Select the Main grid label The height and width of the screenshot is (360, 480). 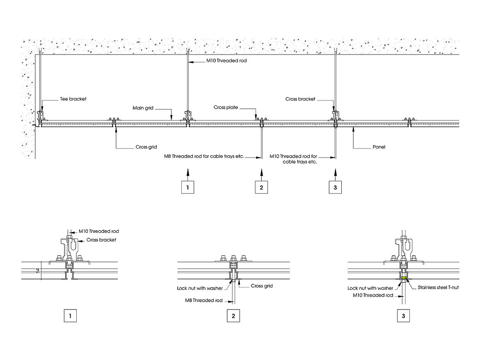click(143, 108)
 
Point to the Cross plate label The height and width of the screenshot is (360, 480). click(226, 107)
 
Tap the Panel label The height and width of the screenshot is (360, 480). click(379, 146)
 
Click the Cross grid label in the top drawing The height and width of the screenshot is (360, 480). click(146, 147)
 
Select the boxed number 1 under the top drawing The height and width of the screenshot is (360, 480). click(187, 187)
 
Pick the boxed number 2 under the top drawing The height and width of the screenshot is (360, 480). click(262, 187)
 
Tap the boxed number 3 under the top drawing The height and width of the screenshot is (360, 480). click(336, 187)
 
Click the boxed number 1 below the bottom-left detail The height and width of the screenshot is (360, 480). click(71, 316)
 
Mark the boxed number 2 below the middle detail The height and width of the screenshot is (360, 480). click(233, 316)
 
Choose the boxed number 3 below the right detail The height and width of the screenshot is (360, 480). click(403, 316)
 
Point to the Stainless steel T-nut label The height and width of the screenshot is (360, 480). click(438, 287)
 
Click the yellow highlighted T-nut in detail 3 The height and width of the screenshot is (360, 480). click(404, 278)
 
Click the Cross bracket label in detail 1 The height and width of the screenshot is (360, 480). click(101, 239)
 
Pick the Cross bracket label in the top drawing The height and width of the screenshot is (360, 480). click(300, 99)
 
